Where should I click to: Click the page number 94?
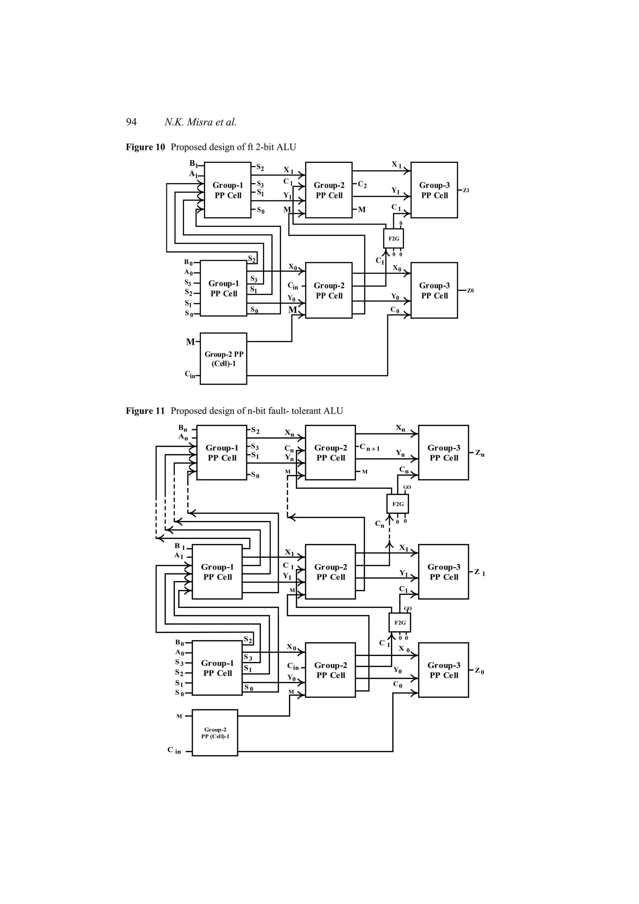(131, 122)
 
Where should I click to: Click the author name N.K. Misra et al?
(200, 122)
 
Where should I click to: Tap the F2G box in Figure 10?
(393, 239)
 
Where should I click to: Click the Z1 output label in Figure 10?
(466, 191)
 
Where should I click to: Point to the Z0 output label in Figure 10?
(470, 291)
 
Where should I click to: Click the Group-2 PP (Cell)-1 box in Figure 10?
(223, 359)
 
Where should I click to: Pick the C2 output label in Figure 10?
(362, 185)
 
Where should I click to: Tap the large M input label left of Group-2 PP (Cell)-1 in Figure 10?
(190, 342)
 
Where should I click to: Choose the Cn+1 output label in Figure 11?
(370, 448)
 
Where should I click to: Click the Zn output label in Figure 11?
(480, 453)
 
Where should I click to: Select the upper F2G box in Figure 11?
(398, 504)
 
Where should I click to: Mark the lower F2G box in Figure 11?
(400, 623)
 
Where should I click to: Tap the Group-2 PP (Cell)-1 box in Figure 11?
(215, 733)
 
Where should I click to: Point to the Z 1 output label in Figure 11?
(479, 572)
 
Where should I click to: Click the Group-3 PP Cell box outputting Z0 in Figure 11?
(443, 670)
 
